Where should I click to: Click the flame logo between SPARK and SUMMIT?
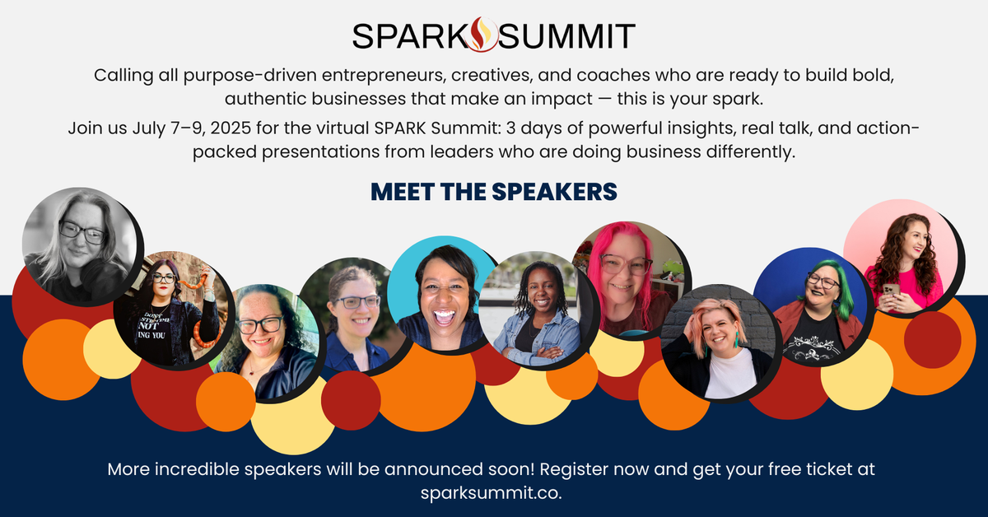click(x=481, y=35)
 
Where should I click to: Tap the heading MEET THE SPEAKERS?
click(x=494, y=191)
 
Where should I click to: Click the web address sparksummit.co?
click(x=494, y=491)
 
